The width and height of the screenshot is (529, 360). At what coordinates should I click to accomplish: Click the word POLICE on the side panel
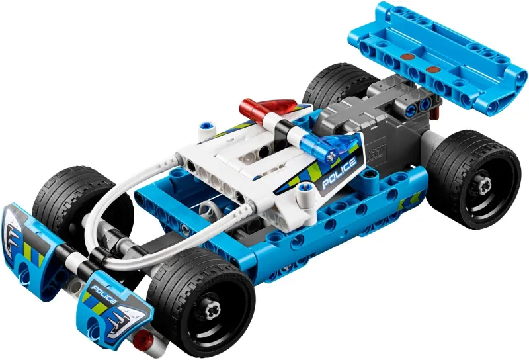339,174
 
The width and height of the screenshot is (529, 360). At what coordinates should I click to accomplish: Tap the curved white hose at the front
126,199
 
